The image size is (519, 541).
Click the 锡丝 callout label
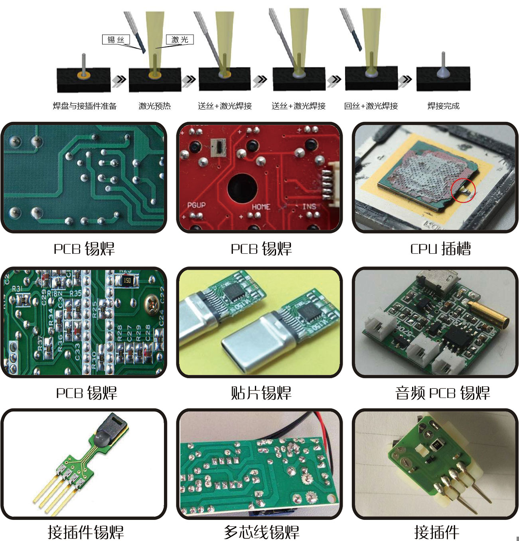coord(116,39)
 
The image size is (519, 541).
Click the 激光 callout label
coord(180,39)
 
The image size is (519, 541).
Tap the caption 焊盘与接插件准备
coord(85,106)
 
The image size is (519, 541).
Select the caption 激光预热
coord(155,106)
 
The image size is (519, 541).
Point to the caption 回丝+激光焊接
coord(371,106)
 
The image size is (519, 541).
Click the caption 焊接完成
coord(443,106)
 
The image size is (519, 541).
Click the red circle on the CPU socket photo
coord(463,190)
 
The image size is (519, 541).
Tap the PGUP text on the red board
coord(196,205)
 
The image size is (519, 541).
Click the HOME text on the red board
coord(261,207)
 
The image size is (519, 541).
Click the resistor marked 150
coord(127,280)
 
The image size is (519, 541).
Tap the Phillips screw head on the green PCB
coord(152,304)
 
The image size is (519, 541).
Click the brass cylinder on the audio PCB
coord(488,313)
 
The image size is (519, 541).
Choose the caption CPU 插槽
coord(440,249)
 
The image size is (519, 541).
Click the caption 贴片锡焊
coord(261,393)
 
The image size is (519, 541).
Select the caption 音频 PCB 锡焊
coord(442,393)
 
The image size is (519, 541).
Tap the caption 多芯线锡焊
coord(261,532)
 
